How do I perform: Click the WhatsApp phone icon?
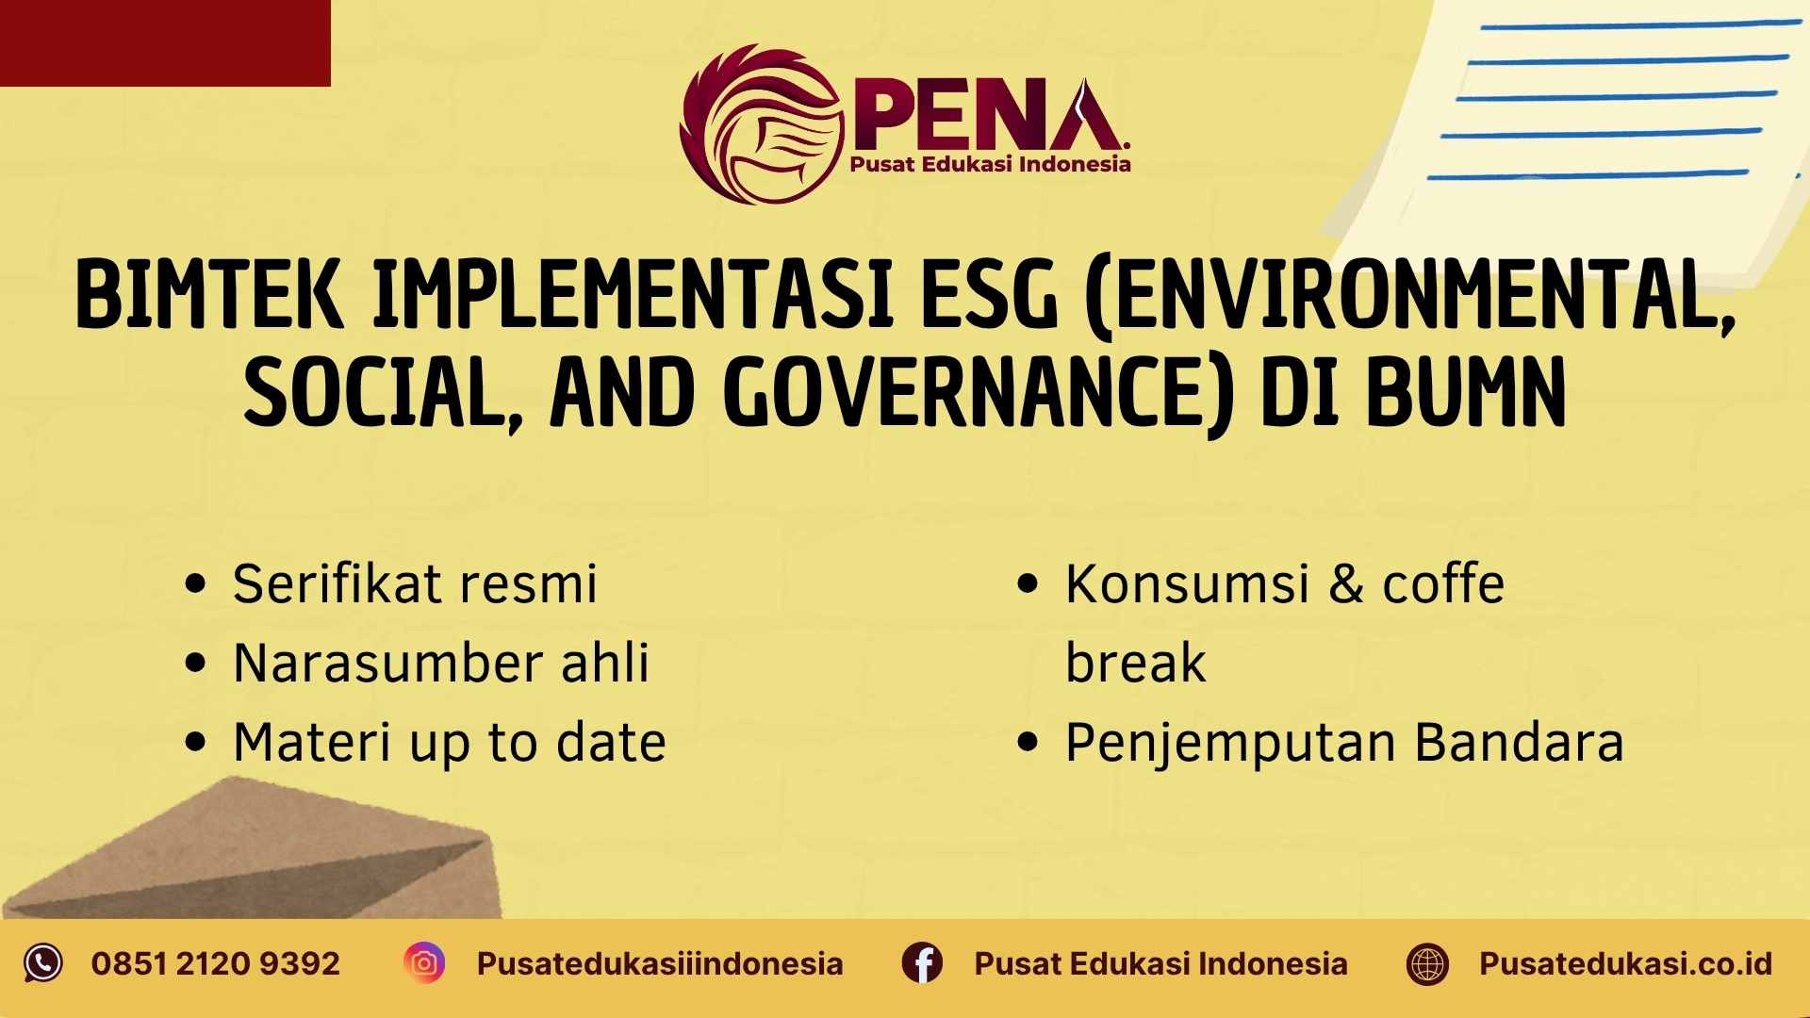point(42,963)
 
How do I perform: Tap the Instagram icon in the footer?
point(424,963)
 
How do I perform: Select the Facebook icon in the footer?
point(922,963)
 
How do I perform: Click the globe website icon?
point(1427,964)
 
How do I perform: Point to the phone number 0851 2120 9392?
point(216,963)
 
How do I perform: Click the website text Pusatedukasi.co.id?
point(1625,963)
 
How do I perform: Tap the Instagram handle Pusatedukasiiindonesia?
point(660,963)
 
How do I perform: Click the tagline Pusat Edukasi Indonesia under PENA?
point(990,164)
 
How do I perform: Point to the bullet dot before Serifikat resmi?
point(196,584)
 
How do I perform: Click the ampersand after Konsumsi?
point(1346,584)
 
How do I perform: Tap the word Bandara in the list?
point(1519,742)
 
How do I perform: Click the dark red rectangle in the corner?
point(165,42)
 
